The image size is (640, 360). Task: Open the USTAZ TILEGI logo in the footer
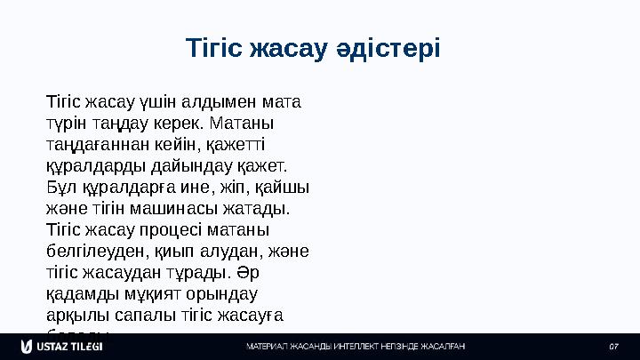coord(61,346)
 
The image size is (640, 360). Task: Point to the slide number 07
coord(612,346)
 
